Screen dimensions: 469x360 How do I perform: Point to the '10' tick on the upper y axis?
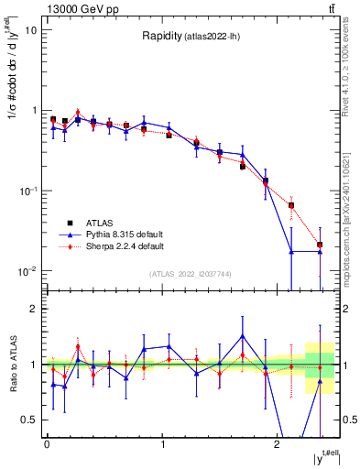[x=30, y=29]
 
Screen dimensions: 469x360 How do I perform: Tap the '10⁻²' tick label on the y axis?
[x=28, y=271]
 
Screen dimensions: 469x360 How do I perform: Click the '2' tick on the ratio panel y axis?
[x=34, y=309]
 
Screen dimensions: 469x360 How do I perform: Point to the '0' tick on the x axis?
[x=47, y=444]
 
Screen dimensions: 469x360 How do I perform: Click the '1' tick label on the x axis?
[x=162, y=444]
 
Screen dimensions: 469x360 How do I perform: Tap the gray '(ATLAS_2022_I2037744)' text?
[x=191, y=274]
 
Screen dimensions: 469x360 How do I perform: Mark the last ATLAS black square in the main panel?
[x=320, y=245]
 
